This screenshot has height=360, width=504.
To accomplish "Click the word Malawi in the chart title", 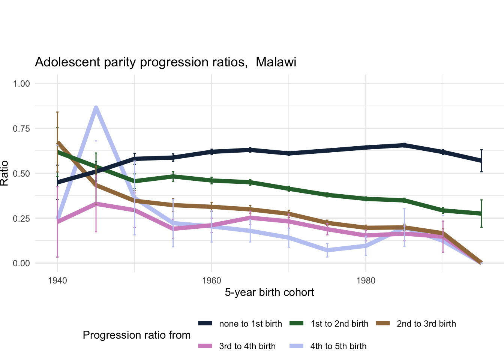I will pyautogui.click(x=276, y=62).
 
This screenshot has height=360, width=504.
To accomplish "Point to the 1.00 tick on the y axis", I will pyautogui.click(x=21, y=84).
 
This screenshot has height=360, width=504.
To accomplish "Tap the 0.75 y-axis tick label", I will pyautogui.click(x=21, y=129).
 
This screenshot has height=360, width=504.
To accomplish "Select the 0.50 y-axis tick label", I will pyautogui.click(x=21, y=174).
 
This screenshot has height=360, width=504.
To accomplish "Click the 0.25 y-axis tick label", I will pyautogui.click(x=21, y=219).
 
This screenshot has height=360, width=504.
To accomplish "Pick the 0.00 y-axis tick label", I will pyautogui.click(x=21, y=264).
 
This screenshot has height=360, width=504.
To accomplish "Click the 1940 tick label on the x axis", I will pyautogui.click(x=57, y=281).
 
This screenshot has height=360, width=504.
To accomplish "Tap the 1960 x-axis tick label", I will pyautogui.click(x=211, y=281).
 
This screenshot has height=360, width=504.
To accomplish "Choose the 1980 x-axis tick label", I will pyautogui.click(x=366, y=281).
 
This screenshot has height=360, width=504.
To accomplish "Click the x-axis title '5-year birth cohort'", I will pyautogui.click(x=269, y=292).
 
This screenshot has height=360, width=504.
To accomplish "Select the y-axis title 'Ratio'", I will pyautogui.click(x=4, y=173).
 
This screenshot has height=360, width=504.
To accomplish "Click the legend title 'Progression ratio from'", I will pyautogui.click(x=136, y=335).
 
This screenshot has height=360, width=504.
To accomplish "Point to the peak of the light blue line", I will pyautogui.click(x=96, y=108).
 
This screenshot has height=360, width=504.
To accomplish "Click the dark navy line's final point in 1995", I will pyautogui.click(x=481, y=161).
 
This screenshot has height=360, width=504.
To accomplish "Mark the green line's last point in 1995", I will pyautogui.click(x=481, y=214).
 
